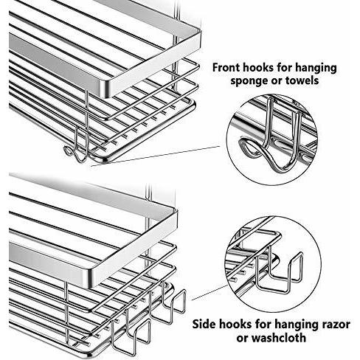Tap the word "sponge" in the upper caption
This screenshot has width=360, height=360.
(x=249, y=81)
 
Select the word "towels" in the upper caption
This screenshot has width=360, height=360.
(x=302, y=80)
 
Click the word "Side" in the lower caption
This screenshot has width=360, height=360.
(x=204, y=324)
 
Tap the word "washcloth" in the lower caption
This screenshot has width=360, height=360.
(x=279, y=337)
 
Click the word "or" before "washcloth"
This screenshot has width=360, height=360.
(x=243, y=339)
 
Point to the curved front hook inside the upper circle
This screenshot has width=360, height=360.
(x=271, y=145)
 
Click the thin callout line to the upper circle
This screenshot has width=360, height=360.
(x=156, y=156)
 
